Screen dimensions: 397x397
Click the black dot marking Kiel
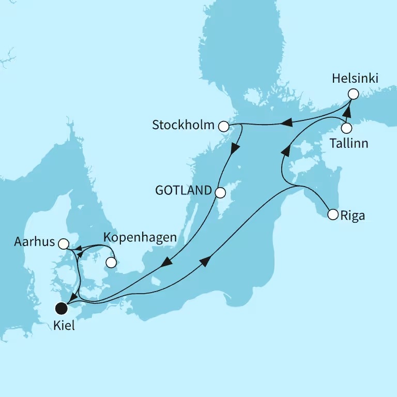pyautogui.click(x=62, y=309)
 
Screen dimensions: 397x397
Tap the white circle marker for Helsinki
pyautogui.click(x=353, y=94)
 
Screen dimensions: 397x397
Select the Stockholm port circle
pyautogui.click(x=223, y=126)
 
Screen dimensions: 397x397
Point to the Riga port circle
pyautogui.click(x=332, y=214)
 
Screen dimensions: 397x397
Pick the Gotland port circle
pyautogui.click(x=220, y=193)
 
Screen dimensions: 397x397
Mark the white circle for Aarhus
pyautogui.click(x=63, y=243)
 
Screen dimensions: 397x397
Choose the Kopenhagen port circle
pyautogui.click(x=111, y=262)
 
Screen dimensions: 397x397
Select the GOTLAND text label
pyautogui.click(x=184, y=191)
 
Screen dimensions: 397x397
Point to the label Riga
pyautogui.click(x=353, y=215)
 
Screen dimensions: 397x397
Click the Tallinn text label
pyautogui.click(x=349, y=143)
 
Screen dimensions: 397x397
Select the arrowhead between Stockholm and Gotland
pyautogui.click(x=235, y=148)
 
